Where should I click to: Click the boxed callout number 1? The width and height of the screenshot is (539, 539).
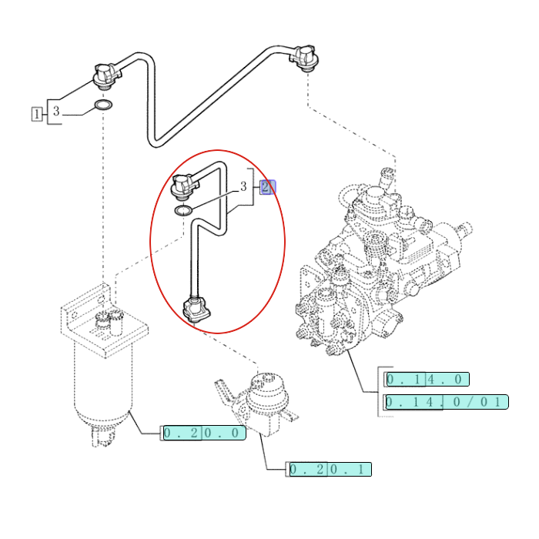tap(36, 114)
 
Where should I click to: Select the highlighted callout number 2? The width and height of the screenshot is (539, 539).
tap(267, 187)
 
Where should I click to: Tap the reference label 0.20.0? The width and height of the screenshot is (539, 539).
tap(204, 433)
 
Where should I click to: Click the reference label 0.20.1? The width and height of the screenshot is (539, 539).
tap(330, 469)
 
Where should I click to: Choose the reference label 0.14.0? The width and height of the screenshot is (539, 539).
tap(427, 379)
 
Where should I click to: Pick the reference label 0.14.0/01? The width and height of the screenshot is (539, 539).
tap(447, 402)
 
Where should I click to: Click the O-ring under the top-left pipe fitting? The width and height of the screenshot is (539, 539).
tap(102, 105)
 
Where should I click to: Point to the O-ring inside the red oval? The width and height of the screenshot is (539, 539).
tap(183, 210)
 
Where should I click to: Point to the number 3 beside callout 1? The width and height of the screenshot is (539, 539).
tap(55, 112)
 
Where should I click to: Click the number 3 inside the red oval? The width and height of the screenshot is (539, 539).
tap(243, 186)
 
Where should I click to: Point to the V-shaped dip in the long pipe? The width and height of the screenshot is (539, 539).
tap(156, 139)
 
